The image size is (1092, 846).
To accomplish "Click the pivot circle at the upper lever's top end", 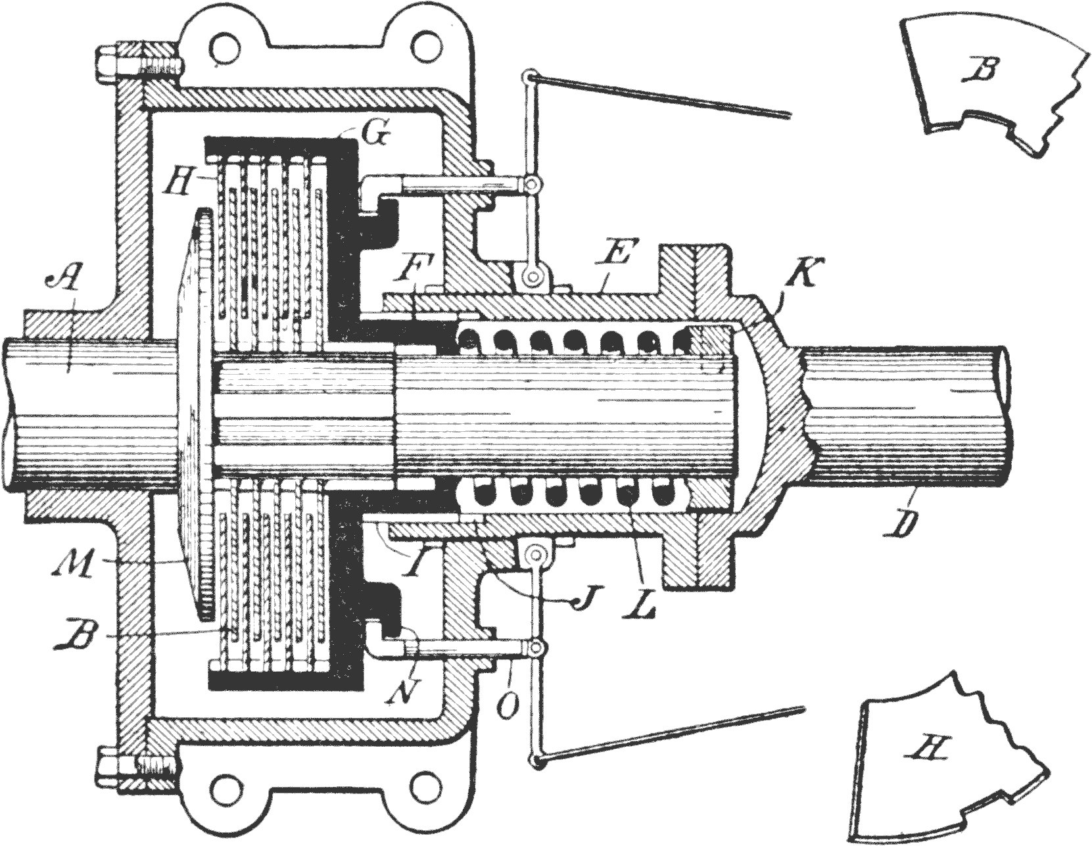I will click(527, 78).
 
